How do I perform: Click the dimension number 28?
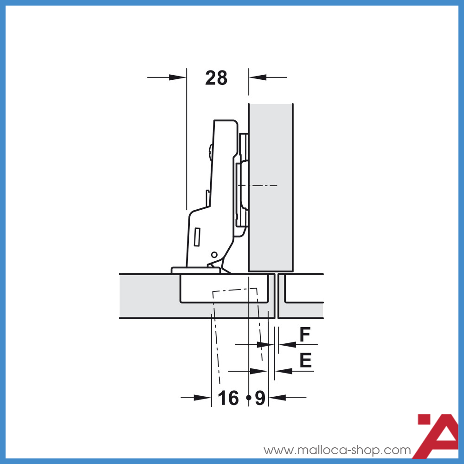click(x=216, y=78)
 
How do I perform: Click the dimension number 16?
click(x=228, y=398)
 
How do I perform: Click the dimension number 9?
click(x=260, y=398)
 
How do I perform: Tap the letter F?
click(x=305, y=335)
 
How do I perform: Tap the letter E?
click(x=305, y=361)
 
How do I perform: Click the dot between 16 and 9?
click(x=249, y=398)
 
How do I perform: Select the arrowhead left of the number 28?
click(x=177, y=77)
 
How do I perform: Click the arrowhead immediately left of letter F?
click(x=287, y=344)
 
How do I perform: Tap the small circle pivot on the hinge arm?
click(x=214, y=254)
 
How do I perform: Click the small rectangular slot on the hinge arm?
click(x=197, y=237)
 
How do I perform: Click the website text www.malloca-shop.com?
click(x=337, y=450)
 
